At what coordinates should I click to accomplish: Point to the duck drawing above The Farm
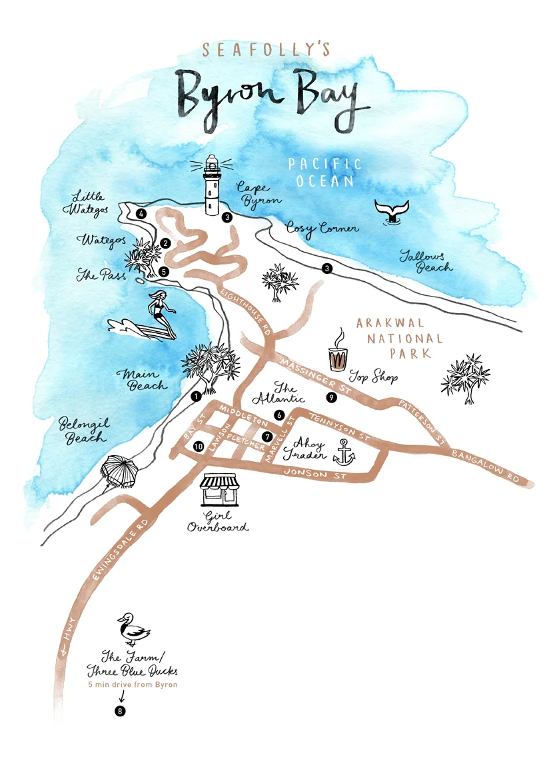click(133, 629)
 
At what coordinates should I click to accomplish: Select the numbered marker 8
click(120, 710)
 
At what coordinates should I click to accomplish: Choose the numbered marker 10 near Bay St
click(198, 446)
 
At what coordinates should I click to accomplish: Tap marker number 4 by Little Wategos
click(141, 214)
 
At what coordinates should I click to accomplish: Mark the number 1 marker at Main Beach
click(196, 396)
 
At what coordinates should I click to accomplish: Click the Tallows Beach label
click(424, 261)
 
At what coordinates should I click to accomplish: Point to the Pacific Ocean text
click(324, 172)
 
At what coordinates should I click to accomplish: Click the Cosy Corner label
click(322, 228)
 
